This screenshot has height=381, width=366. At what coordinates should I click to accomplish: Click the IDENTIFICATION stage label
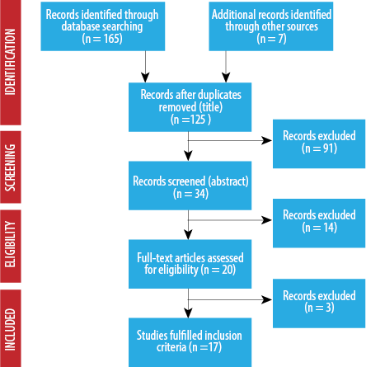coord(10,62)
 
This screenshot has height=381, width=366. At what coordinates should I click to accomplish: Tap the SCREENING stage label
coord(10,167)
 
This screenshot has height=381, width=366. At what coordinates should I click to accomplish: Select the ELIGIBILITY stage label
coord(10,244)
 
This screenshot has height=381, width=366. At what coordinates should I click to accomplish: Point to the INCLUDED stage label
coord(10,329)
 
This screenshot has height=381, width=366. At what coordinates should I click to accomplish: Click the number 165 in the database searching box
coord(110,39)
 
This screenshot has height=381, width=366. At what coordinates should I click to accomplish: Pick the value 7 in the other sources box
coord(280,39)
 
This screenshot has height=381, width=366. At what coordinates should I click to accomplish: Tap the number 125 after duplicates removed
coord(198,120)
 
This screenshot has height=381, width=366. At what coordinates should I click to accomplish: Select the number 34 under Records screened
coord(200,194)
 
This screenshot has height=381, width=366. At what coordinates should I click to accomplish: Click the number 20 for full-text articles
coord(228,270)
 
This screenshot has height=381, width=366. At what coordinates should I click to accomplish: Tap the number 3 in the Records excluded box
coord(328,308)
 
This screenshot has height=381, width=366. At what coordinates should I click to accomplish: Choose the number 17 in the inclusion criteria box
coord(213,347)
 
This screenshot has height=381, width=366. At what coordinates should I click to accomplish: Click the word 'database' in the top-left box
coord(81,26)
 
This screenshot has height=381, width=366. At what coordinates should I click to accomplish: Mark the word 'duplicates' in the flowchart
coord(219,95)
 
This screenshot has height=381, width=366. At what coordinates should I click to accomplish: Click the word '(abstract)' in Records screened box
coord(228,181)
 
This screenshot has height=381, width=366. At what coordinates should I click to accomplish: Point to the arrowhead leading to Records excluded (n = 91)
coord(266,140)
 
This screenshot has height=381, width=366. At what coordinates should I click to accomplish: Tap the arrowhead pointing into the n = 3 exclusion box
coord(266,299)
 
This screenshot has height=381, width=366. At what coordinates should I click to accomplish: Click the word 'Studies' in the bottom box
coord(152,336)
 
